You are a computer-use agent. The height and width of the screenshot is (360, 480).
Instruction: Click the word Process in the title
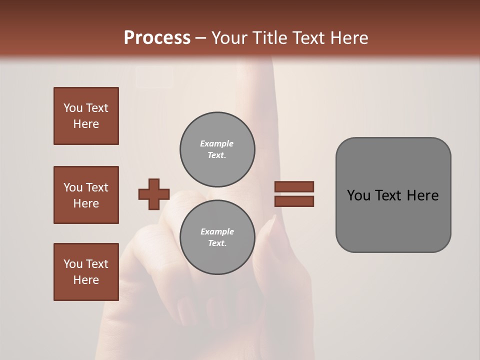tap(157, 38)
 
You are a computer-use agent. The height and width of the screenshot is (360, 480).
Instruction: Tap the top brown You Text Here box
tap(86, 116)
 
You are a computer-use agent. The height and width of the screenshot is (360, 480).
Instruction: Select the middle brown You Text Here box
tap(86, 195)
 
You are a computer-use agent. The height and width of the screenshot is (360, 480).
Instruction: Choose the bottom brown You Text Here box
tap(86, 271)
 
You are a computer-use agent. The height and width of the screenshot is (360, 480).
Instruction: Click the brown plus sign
tap(154, 194)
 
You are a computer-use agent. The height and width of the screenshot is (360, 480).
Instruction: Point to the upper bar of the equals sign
tap(294, 186)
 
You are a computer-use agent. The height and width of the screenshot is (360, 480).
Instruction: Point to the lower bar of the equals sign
tap(294, 201)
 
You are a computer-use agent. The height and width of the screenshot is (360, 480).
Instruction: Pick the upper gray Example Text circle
tap(217, 149)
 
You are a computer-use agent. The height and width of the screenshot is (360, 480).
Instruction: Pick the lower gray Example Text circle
tap(217, 237)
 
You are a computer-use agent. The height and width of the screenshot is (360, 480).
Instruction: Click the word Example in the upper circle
tap(217, 144)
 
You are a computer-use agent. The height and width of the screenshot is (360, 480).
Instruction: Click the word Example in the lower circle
tap(217, 232)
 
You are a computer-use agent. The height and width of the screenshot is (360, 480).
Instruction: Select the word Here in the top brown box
tap(86, 124)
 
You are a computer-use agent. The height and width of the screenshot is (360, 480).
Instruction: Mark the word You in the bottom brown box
tap(73, 264)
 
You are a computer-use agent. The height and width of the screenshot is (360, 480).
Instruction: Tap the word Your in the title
tap(228, 38)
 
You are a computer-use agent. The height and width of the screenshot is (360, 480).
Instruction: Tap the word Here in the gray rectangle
tap(422, 195)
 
